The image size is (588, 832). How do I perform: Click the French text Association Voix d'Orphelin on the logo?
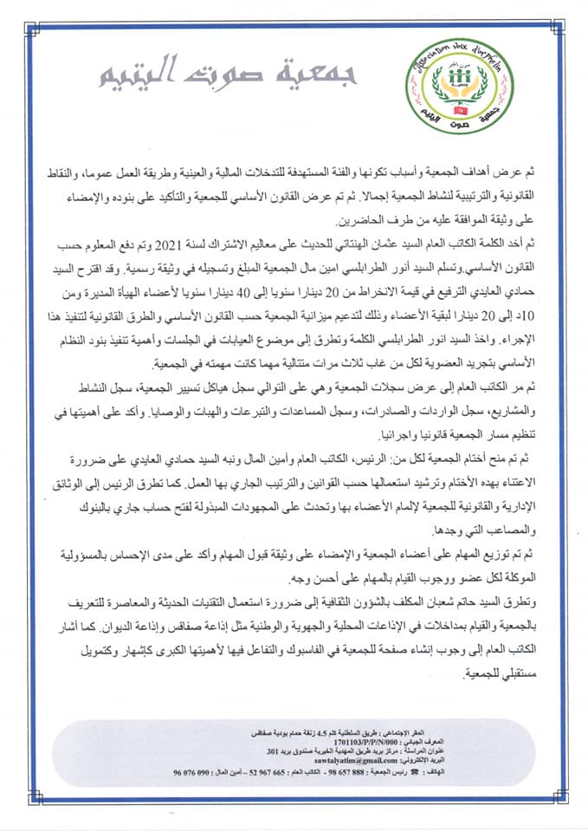pyautogui.click(x=458, y=56)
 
